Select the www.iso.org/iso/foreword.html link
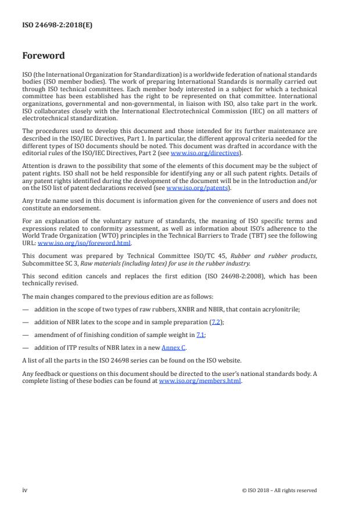point(84,243)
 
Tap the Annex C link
point(173,348)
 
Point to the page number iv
point(25,490)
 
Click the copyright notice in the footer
point(279,490)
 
